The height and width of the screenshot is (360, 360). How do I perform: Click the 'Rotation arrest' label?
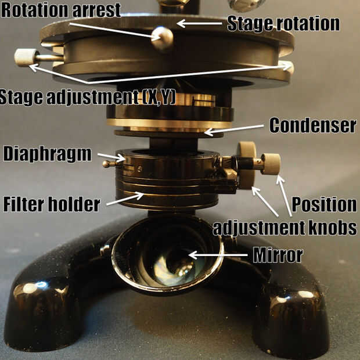pyautogui.click(x=61, y=10)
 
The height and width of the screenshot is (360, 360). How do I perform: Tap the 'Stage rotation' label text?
pyautogui.click(x=283, y=23)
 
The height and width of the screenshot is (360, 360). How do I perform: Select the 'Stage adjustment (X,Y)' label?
pyautogui.click(x=88, y=98)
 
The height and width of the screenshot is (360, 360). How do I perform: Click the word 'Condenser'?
pyautogui.click(x=313, y=125)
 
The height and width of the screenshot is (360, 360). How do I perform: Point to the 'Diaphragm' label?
pyautogui.click(x=47, y=154)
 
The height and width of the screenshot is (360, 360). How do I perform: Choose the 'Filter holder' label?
pyautogui.click(x=52, y=204)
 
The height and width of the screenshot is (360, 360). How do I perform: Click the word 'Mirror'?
pyautogui.click(x=278, y=255)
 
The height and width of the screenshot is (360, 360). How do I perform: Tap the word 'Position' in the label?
pyautogui.click(x=324, y=204)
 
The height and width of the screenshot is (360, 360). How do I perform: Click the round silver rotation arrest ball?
pyautogui.click(x=162, y=38)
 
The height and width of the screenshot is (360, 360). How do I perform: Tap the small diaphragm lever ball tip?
pyautogui.click(x=106, y=164)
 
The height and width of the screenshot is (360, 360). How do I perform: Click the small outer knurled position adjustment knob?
pyautogui.click(x=271, y=164)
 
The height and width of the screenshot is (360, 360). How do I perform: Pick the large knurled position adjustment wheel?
pyautogui.click(x=247, y=165)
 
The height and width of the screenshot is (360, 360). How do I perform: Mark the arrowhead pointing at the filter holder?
pyautogui.click(x=139, y=196)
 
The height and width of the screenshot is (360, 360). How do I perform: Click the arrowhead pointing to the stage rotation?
pyautogui.click(x=181, y=24)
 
